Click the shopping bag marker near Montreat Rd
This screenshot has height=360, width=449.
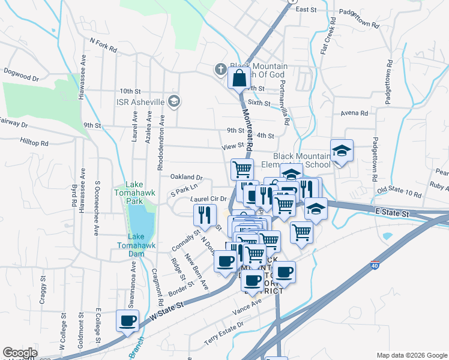point(239,78)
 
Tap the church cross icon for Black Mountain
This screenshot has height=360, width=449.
point(220,70)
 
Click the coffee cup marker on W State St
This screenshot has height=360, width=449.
point(127,320)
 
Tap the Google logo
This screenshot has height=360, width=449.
point(20,353)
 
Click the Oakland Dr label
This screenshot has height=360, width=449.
point(187,178)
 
